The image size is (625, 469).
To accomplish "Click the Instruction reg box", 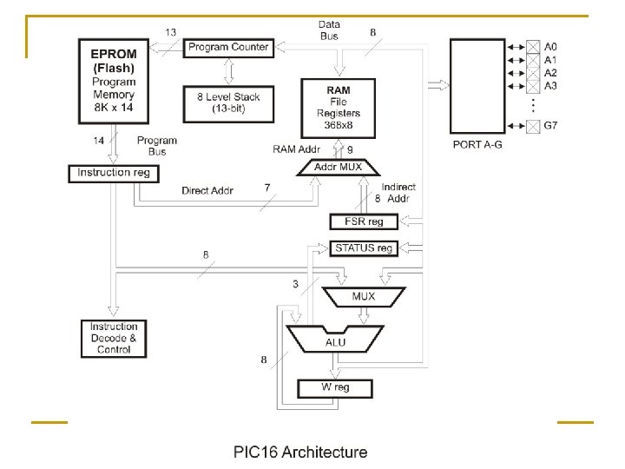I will click(113, 173).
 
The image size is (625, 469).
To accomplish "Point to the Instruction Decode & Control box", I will click(114, 338).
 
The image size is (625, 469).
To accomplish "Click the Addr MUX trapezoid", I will click(339, 167).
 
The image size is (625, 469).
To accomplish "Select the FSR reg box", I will click(363, 221).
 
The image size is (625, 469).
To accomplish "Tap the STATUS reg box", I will click(363, 248).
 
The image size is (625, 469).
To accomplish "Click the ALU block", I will click(335, 341).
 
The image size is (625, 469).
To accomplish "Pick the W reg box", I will click(335, 387).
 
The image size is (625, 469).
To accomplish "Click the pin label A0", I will click(550, 47).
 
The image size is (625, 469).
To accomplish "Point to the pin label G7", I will click(550, 127).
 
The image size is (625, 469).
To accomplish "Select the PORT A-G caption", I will click(477, 145).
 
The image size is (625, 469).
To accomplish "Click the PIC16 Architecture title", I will click(299, 452).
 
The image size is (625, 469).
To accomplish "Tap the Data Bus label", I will click(329, 30).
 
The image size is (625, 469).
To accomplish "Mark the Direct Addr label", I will click(207, 191).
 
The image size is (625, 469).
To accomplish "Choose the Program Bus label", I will click(157, 145).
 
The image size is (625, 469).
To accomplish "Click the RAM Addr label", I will click(298, 149).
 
